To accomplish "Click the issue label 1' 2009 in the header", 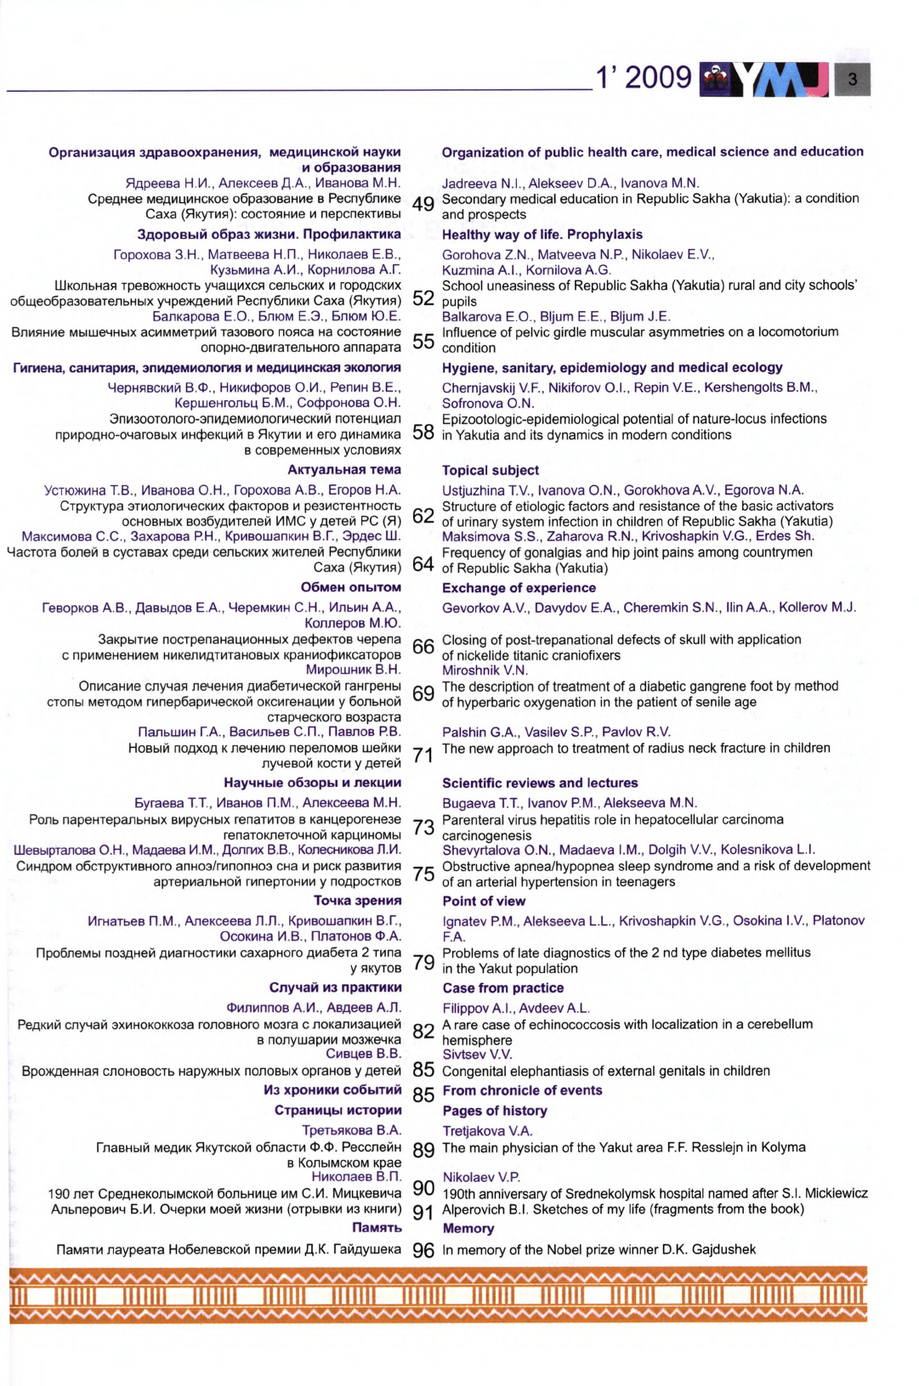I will tap(644, 78).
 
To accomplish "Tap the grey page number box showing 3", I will tap(853, 80).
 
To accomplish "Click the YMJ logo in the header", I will tap(764, 79).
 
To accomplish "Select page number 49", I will tap(423, 205).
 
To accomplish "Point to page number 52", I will tap(423, 298).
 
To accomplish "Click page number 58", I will tap(423, 433).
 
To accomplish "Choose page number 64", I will tap(423, 564).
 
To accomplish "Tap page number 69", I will tap(423, 694).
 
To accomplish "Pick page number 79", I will tap(423, 963).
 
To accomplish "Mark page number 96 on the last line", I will tap(423, 1251).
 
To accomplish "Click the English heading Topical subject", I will tap(491, 470).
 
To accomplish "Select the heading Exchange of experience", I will tap(519, 588).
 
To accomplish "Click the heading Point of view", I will tap(484, 901).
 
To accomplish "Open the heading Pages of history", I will tap(495, 1111).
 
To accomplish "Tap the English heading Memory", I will tap(468, 1228).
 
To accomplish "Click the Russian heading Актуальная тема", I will tap(344, 470).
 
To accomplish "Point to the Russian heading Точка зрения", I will tap(357, 901).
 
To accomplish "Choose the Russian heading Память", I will tap(377, 1228).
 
